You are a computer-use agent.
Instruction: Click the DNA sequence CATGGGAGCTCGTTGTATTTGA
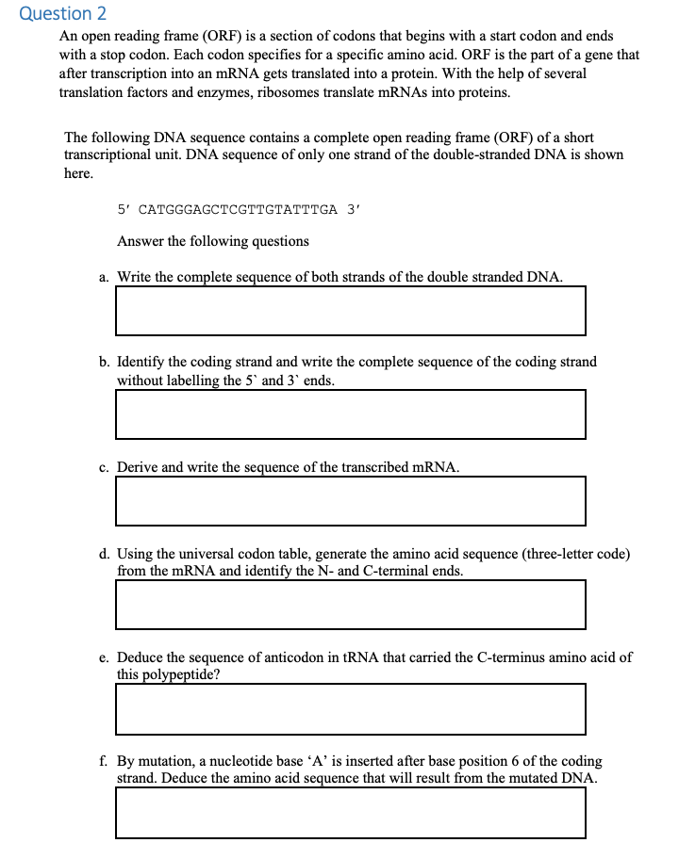238,209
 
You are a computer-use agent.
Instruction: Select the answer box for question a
350,310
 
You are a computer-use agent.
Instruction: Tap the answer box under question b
350,413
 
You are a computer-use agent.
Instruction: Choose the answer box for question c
350,500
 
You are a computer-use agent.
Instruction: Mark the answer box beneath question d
350,604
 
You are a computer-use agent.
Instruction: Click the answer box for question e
350,708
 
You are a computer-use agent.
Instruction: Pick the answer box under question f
350,812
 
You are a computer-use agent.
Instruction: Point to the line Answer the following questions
213,241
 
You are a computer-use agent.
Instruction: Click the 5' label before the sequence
124,209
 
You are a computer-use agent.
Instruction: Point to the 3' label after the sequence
353,209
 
